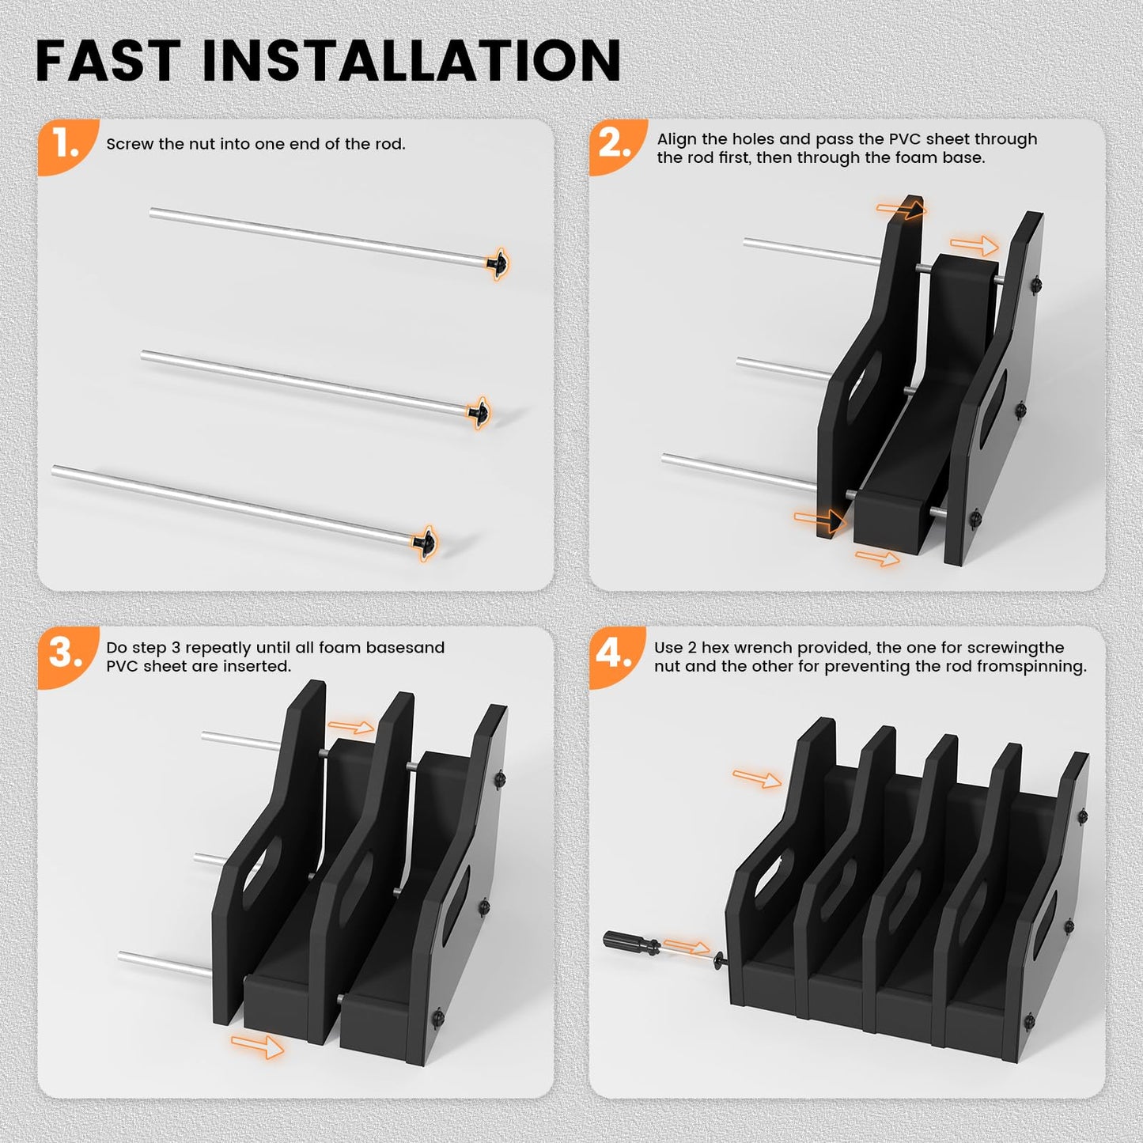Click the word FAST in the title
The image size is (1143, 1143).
point(108,61)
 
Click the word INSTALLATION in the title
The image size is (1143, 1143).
point(411,61)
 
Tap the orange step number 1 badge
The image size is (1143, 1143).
point(65,144)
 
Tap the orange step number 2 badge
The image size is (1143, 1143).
point(615,144)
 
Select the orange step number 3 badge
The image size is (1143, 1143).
point(65,653)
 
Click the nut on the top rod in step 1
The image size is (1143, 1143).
point(498,262)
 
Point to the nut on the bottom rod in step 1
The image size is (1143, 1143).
point(425,543)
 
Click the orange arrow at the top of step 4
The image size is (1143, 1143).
point(757,779)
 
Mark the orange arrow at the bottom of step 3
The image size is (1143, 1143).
point(257,1046)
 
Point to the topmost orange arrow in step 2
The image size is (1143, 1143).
point(900,209)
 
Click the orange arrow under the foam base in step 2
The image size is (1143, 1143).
point(877,558)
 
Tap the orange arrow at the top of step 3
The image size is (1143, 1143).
point(351,727)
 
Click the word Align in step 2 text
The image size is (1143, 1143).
point(677,139)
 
